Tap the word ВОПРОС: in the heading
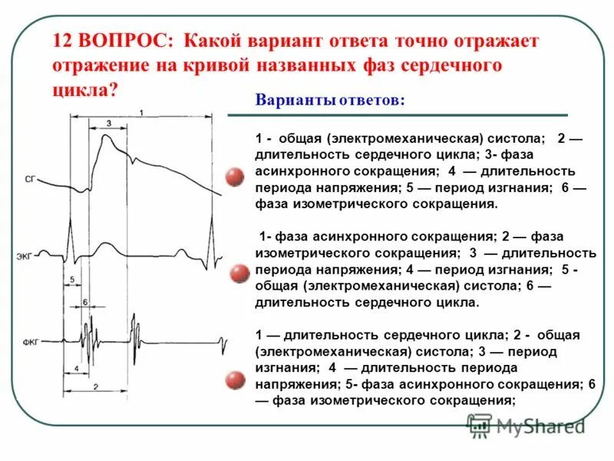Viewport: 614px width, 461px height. click(124, 40)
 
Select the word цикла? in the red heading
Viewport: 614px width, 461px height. click(85, 89)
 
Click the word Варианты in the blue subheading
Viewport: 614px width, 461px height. click(291, 101)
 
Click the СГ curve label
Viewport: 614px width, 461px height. click(30, 179)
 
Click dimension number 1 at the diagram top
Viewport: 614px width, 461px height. click(142, 113)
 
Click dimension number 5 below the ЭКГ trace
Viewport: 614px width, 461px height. click(71, 279)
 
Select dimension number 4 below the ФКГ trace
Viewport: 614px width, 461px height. click(78, 368)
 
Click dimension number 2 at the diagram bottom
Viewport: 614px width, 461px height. click(94, 386)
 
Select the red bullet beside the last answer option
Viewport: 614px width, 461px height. click(235, 380)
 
